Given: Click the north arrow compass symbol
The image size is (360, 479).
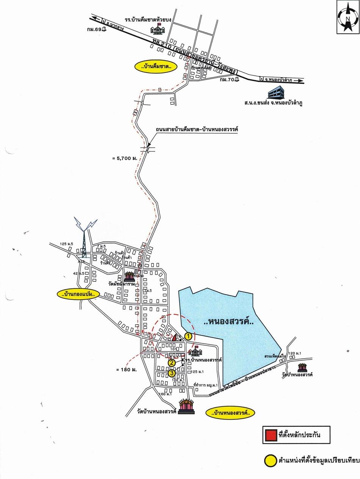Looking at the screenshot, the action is (347, 17).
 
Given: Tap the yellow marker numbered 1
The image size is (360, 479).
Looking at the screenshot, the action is (188, 335).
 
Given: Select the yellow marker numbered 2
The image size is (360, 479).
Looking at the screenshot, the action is (172, 363).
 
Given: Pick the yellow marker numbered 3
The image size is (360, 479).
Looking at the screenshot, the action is (172, 373).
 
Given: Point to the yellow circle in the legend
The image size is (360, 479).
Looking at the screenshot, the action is (270, 461).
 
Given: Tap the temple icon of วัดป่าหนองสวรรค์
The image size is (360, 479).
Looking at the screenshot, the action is (302, 367).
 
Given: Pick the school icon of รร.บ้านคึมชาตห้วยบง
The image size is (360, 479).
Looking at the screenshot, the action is (156, 28).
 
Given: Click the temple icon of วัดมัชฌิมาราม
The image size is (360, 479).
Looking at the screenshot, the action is (129, 276).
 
